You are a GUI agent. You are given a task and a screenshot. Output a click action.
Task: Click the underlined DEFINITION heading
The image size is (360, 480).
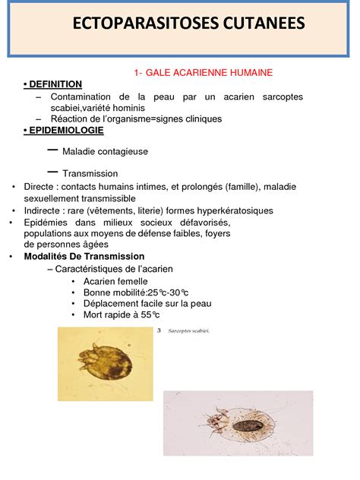(x=55, y=84)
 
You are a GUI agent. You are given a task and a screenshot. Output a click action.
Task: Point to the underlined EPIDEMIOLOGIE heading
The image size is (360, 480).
(x=66, y=131)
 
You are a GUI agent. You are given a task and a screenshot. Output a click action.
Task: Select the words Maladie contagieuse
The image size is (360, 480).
(x=105, y=152)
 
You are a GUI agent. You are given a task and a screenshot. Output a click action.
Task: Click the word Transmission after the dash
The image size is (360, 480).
(x=90, y=173)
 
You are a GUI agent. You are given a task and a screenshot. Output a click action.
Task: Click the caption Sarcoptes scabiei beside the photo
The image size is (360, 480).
(x=188, y=330)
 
